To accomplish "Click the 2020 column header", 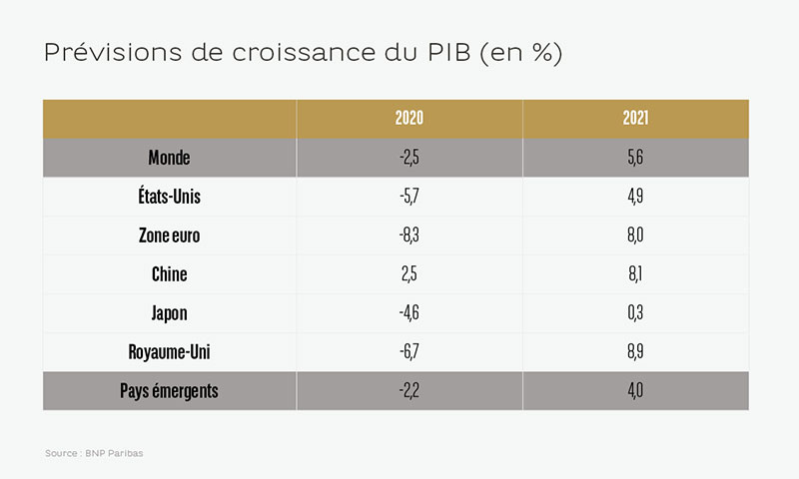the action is pos(409,118).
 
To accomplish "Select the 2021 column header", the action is pos(635,118).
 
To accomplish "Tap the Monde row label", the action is pos(169,158).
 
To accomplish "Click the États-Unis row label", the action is pos(169,196).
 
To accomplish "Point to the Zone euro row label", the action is pos(169,236).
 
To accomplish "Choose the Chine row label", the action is pos(169,273).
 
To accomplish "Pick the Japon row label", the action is pos(169,313).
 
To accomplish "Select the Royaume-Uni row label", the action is pos(169,351).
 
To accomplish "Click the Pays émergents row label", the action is pos(169,391).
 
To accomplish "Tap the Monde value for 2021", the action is pos(635,158).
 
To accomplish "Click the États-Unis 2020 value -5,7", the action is pos(409,196).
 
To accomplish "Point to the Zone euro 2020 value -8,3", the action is pos(409,236).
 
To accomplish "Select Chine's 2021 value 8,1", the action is pos(635,273).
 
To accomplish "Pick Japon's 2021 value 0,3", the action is pos(635,312).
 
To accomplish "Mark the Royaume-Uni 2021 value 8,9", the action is pos(635,351).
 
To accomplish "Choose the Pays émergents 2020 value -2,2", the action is pos(409,391).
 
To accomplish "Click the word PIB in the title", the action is pos(448,52).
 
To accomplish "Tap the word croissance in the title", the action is pos(304,53).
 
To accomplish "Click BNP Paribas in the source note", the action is pos(114,453).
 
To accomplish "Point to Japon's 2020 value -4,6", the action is pos(409,312).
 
